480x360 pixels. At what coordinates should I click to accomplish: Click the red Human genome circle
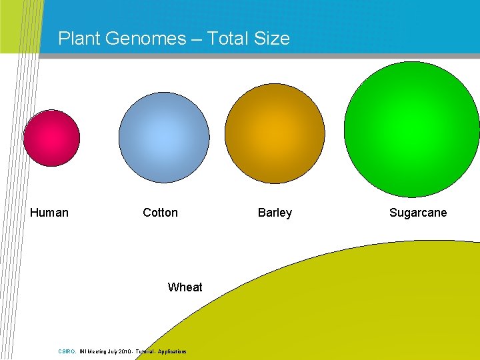coord(51,139)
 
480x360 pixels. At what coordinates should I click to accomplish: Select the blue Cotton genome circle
coord(164,137)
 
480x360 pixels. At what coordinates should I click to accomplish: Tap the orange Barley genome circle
coord(275,133)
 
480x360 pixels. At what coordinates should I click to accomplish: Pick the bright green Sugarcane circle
coord(412,129)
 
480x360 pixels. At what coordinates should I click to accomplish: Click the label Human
coord(49,213)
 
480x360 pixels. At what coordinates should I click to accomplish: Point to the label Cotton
coord(160,213)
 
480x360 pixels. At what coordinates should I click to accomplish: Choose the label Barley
coord(275,213)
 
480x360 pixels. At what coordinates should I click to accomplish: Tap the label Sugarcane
coord(418,213)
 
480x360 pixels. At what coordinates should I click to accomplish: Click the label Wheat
coord(185,287)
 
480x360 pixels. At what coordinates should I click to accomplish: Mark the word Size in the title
coord(271,39)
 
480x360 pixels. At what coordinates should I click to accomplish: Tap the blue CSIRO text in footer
coord(67,351)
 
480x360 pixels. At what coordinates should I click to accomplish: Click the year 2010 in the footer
coord(125,351)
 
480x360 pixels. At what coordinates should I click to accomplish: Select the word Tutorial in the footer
coord(145,351)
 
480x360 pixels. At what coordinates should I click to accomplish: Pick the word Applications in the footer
coord(173,351)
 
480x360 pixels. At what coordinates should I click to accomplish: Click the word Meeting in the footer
coord(95,351)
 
